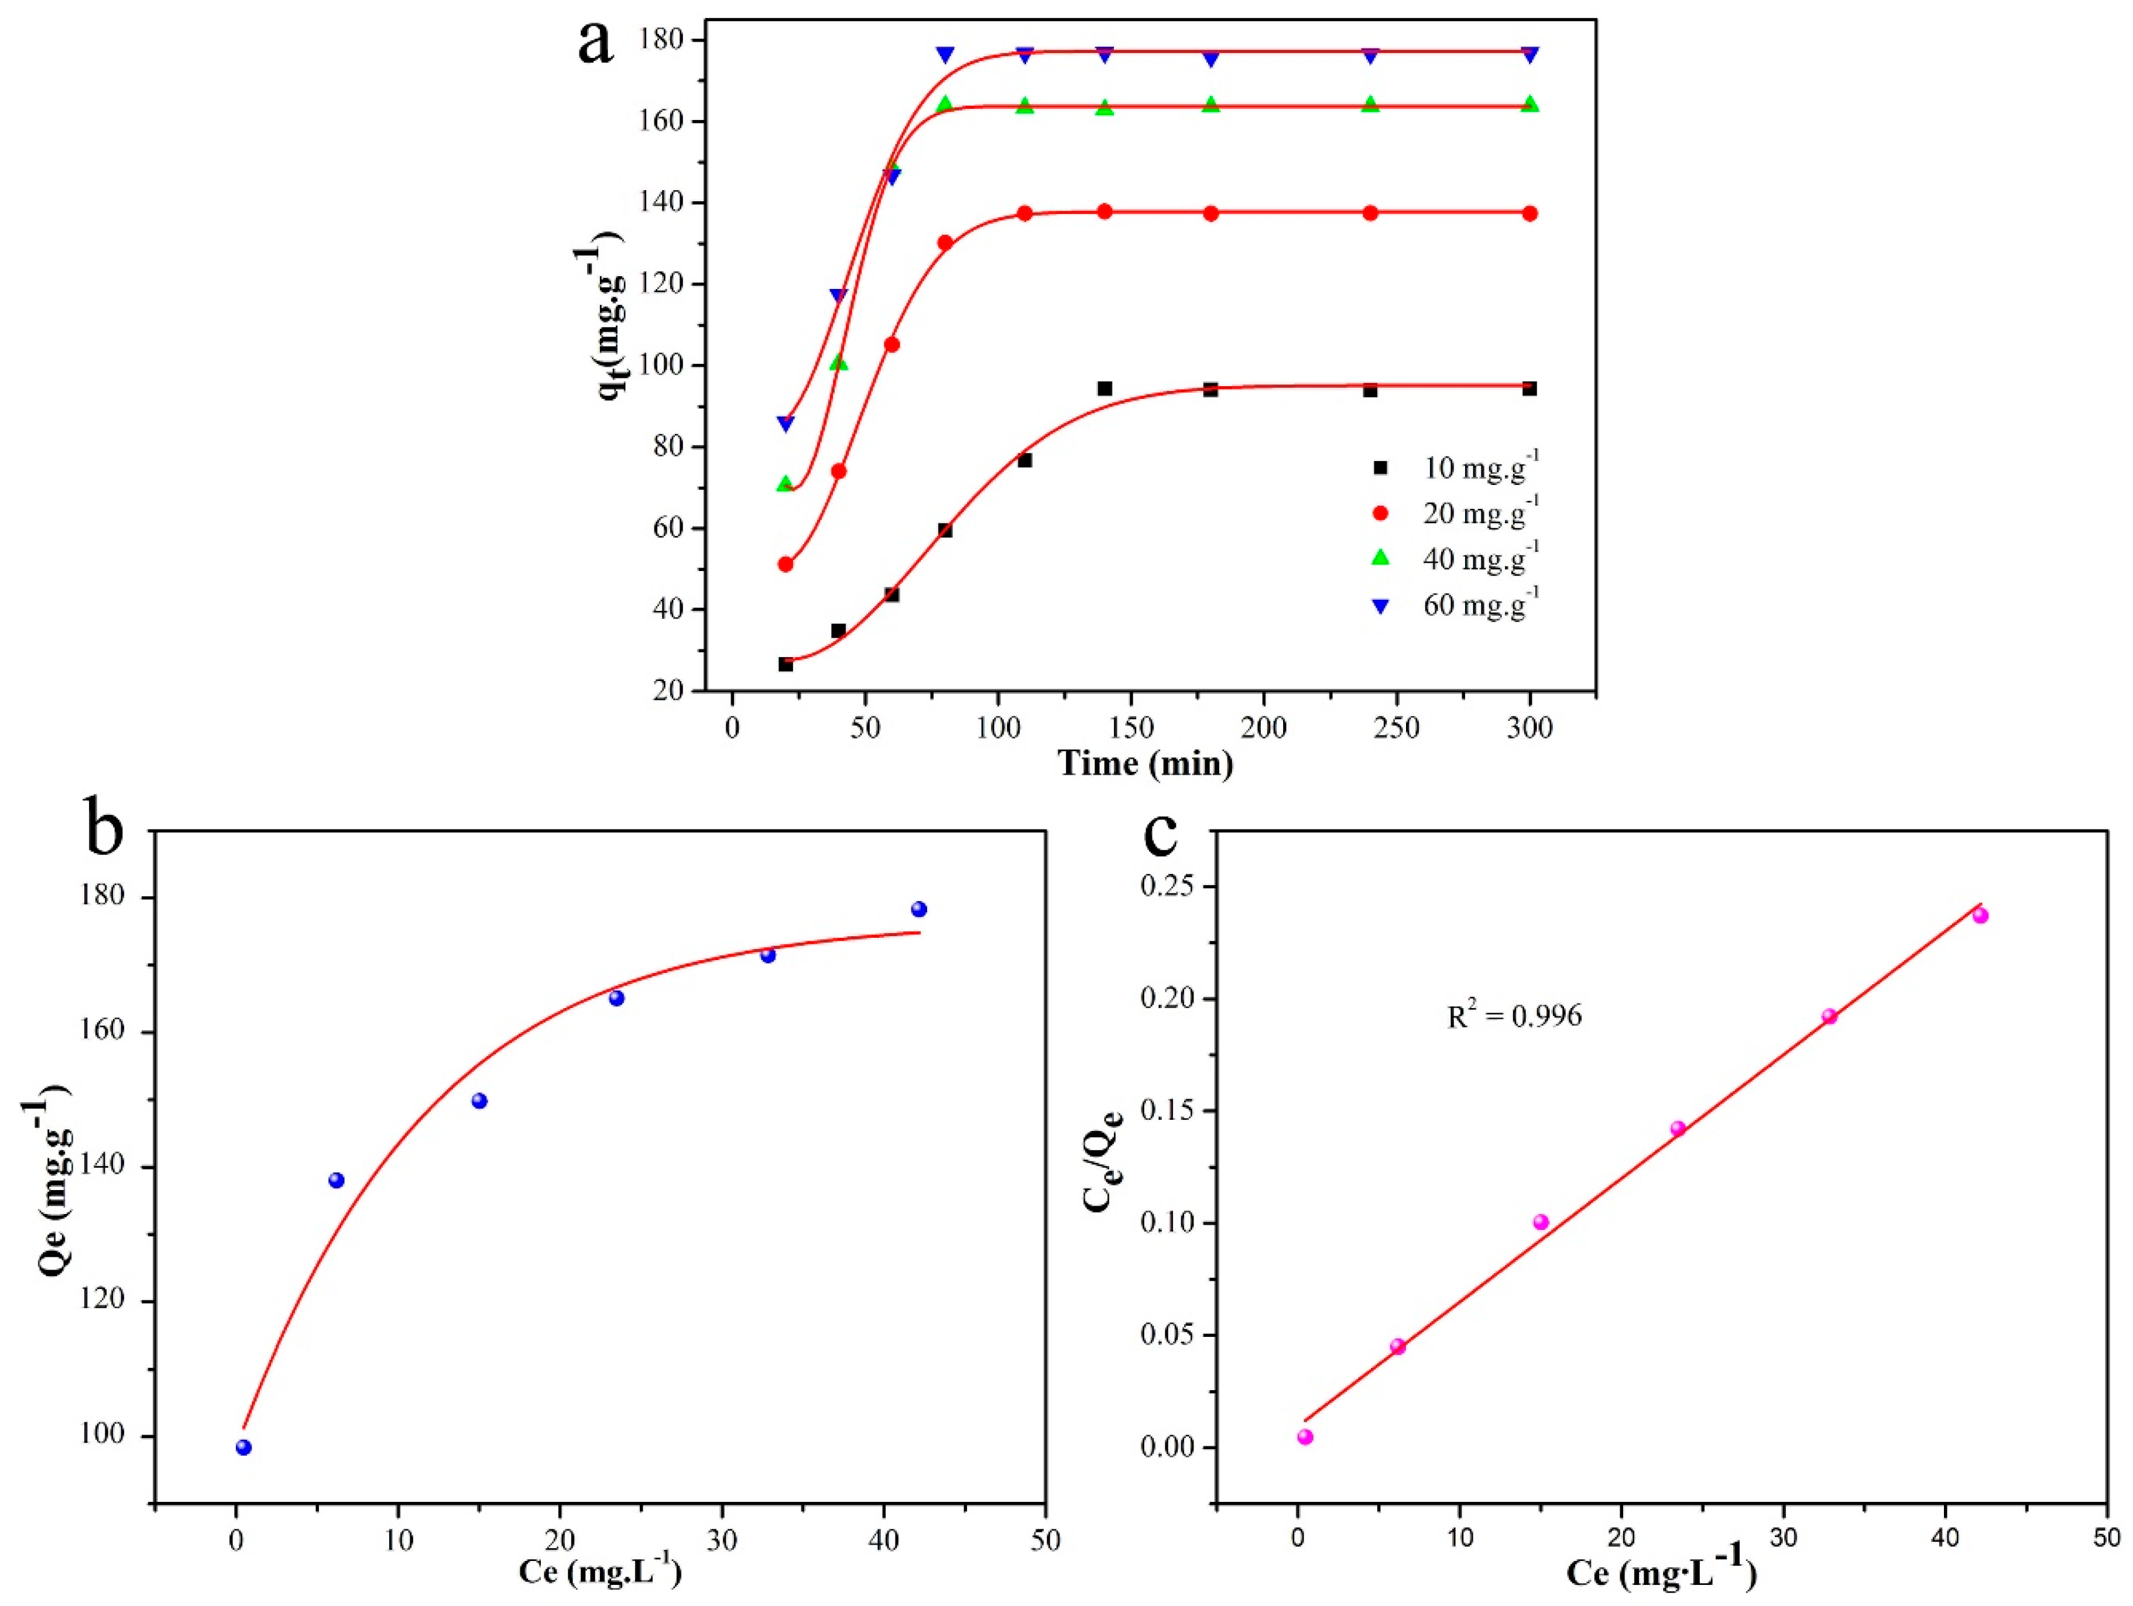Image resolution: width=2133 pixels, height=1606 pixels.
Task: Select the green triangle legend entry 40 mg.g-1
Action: pyautogui.click(x=1457, y=559)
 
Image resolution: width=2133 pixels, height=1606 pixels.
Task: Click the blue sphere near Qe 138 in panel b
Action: pyautogui.click(x=337, y=1180)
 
